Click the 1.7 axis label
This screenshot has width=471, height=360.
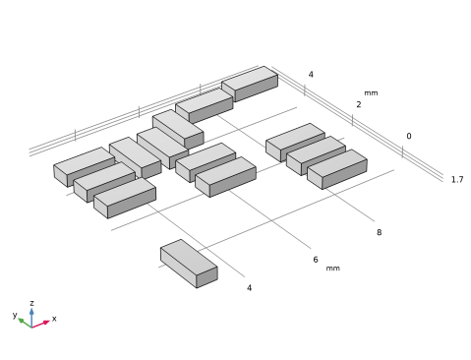457,179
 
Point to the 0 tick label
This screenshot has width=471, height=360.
409,136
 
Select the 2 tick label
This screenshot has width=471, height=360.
359,104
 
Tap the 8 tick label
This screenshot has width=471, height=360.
379,232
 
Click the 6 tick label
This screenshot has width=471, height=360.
316,260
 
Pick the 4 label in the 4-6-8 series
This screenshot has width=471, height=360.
249,287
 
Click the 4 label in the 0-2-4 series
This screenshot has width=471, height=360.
311,75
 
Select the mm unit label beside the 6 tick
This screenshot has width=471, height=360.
332,269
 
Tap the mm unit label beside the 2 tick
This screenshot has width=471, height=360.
371,93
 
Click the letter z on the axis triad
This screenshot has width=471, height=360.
31,303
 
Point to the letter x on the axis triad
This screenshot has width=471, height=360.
54,319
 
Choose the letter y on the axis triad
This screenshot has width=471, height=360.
15,315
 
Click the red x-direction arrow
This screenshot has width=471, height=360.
40,325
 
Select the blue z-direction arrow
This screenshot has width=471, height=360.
31,318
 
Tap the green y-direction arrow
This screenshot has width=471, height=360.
25,323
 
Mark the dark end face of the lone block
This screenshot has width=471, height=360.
206,277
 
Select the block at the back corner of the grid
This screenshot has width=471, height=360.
250,84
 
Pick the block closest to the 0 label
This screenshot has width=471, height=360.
337,169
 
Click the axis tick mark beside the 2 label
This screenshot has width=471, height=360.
353,120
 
